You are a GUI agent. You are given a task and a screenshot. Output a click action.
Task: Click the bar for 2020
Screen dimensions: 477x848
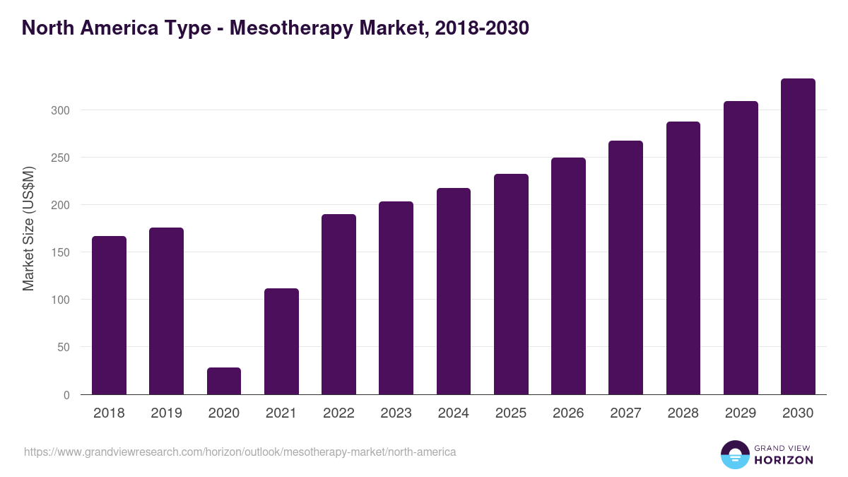point(224,381)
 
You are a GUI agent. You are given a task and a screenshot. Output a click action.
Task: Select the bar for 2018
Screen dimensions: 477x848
point(109,315)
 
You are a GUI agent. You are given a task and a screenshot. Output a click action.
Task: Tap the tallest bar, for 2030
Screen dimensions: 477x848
point(798,237)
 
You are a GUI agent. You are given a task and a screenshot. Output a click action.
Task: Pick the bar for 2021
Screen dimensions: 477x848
point(281,341)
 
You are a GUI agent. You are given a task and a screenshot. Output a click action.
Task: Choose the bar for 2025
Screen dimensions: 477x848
point(511,284)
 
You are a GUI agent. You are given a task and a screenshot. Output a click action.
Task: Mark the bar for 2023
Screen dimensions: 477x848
point(396,298)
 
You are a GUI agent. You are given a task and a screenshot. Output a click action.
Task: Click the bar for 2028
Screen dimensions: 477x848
point(683,258)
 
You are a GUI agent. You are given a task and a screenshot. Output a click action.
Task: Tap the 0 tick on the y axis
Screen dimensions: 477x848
point(66,395)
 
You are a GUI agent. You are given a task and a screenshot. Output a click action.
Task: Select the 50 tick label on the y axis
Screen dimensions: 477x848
point(64,347)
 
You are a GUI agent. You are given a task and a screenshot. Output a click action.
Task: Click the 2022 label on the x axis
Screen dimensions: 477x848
point(338,413)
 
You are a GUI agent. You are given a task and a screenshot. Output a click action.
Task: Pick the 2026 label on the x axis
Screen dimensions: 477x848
point(568,413)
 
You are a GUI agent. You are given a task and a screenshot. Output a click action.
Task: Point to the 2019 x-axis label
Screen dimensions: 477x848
point(166,413)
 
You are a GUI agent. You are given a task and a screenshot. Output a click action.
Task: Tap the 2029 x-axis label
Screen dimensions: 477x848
point(741,413)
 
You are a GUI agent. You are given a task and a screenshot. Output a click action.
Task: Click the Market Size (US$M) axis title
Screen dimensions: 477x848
point(28,228)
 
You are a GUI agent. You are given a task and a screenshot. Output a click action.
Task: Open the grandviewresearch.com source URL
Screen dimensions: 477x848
point(240,452)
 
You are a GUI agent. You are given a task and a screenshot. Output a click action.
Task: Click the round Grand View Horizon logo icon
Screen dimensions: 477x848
point(734,454)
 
